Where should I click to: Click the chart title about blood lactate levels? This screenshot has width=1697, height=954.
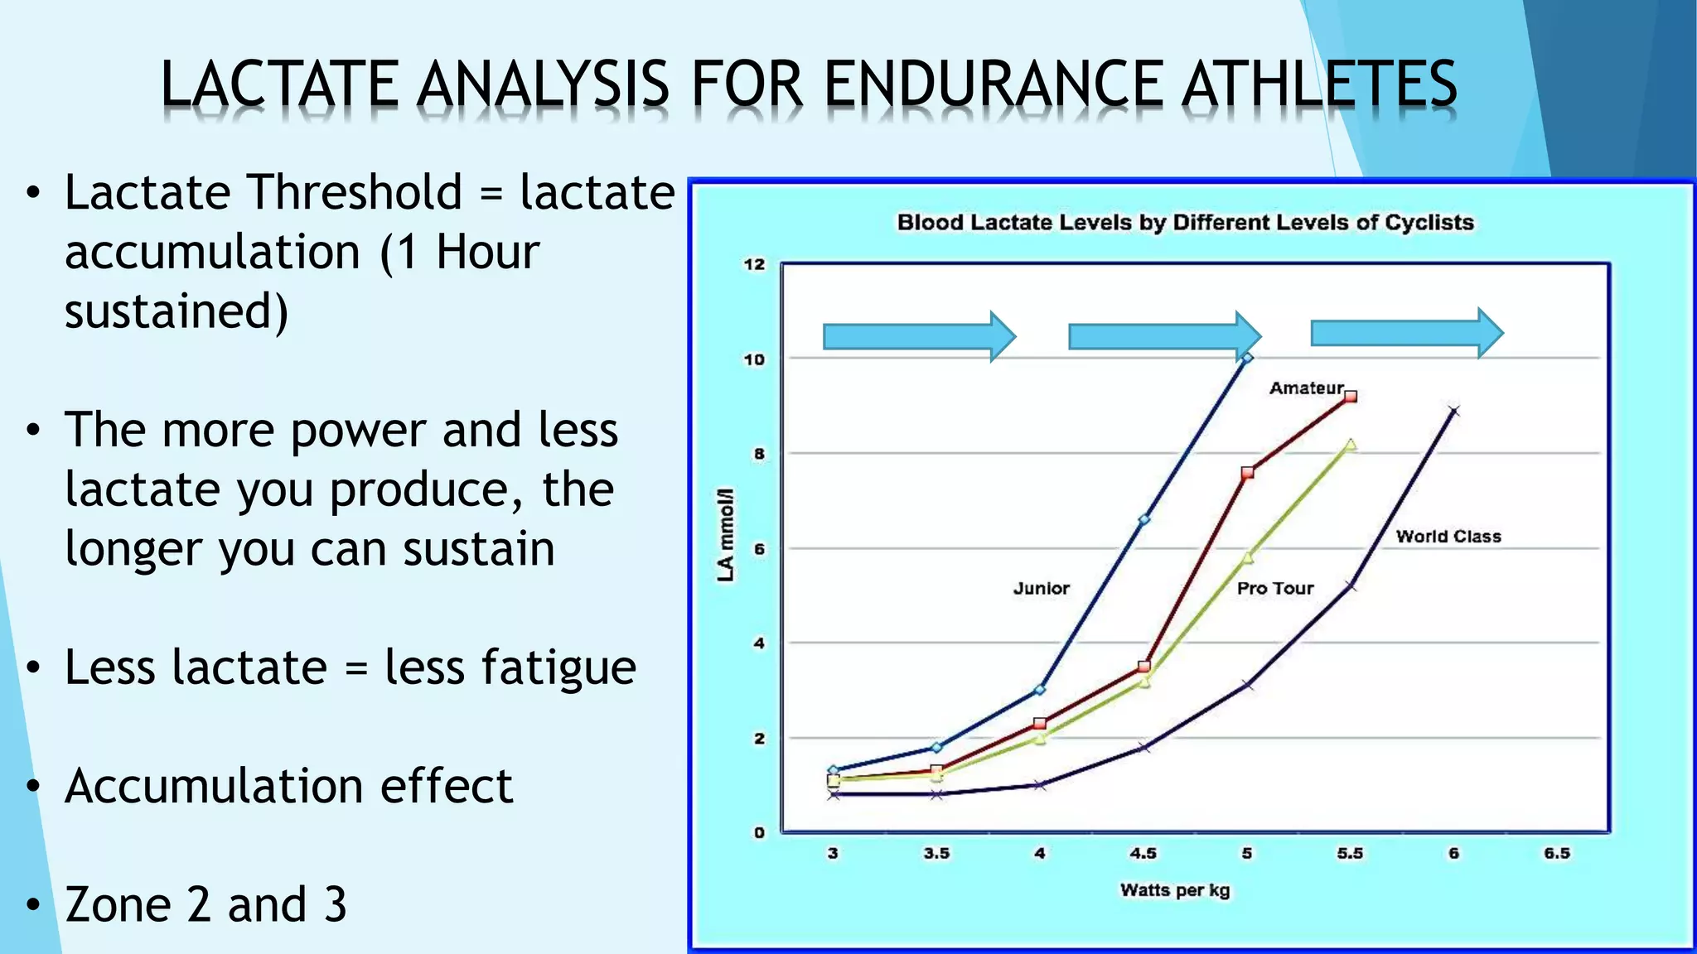(1185, 222)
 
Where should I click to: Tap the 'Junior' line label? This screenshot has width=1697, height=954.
(1041, 588)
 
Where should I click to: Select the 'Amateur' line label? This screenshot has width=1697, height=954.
(1306, 388)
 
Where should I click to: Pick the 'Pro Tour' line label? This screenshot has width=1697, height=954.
(1274, 588)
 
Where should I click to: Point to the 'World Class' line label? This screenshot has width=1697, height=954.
(1448, 536)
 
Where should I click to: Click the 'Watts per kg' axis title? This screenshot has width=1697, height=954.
(1174, 890)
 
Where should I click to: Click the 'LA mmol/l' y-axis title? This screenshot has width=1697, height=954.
(726, 534)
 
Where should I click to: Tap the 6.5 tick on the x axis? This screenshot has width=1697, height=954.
(1556, 853)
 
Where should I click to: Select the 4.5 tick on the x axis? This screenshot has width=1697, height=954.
(1143, 853)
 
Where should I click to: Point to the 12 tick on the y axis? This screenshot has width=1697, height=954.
(754, 264)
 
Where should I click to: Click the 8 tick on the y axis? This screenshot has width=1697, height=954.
(759, 454)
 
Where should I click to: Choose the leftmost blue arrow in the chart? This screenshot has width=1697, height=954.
(918, 336)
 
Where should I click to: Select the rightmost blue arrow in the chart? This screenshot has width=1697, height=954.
(1406, 333)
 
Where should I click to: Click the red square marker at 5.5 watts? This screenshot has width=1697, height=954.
(1351, 397)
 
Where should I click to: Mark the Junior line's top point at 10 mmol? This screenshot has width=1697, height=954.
(1247, 358)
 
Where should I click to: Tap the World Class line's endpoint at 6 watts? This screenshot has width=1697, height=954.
(1453, 411)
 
